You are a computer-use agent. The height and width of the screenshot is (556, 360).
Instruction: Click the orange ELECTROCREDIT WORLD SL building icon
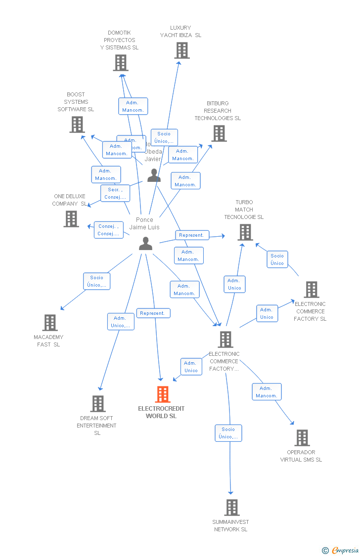tap(163, 394)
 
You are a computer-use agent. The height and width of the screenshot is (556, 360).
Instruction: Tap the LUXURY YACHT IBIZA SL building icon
tap(181, 50)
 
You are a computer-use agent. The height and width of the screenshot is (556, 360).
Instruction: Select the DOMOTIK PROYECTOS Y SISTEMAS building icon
tap(121, 63)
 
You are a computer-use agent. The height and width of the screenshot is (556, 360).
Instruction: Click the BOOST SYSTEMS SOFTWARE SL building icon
tap(77, 125)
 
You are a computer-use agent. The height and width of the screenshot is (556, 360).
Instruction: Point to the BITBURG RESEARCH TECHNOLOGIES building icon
tap(219, 133)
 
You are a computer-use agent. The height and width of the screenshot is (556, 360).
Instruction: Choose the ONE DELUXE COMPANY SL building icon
tap(71, 219)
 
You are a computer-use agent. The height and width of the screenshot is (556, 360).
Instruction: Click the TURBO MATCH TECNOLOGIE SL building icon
tap(245, 232)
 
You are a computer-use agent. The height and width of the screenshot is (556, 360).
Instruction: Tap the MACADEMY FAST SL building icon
tap(50, 323)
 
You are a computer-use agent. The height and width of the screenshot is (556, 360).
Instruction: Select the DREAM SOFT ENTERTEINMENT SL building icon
tap(98, 404)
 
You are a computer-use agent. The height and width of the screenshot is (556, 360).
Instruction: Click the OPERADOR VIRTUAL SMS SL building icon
tap(302, 438)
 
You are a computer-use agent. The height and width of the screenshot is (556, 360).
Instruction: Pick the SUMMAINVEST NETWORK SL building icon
tap(231, 508)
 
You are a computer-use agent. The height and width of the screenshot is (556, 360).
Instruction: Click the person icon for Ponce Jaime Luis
tap(145, 244)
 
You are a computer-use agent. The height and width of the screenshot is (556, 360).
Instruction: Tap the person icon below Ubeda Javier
tap(154, 175)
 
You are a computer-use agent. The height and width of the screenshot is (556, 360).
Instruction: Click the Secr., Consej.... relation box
tap(115, 193)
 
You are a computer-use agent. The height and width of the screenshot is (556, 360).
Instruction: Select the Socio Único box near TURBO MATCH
tap(277, 259)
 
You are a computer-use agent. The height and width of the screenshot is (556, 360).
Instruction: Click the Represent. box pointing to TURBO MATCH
tap(192, 235)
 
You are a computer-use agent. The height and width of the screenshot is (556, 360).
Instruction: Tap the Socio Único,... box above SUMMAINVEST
tap(228, 433)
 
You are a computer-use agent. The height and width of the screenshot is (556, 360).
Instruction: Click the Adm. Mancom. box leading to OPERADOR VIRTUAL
tap(267, 392)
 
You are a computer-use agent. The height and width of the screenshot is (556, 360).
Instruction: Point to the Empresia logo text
tap(345, 550)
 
